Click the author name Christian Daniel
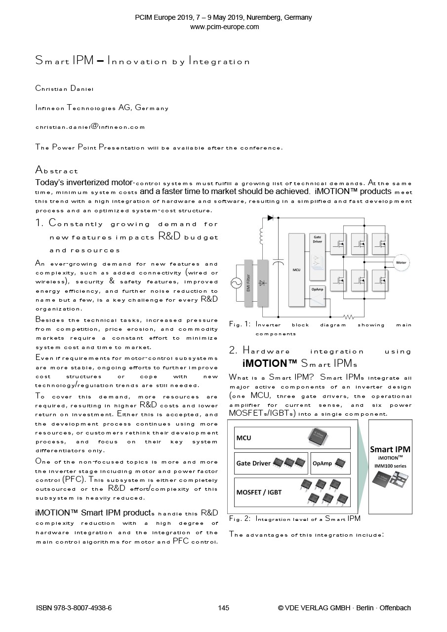pos(64,89)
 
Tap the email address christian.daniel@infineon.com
pos(90,127)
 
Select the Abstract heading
pos(57,171)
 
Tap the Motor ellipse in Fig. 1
pos(401,263)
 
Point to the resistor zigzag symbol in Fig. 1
pos(349,316)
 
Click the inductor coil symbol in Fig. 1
pos(261,236)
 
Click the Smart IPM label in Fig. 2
pos(390,449)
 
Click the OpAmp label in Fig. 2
pos(322,463)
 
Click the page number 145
pos(223,608)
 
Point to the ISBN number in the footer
pos(74,608)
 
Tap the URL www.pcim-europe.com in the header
pos(224,27)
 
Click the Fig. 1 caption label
pos(240,324)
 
